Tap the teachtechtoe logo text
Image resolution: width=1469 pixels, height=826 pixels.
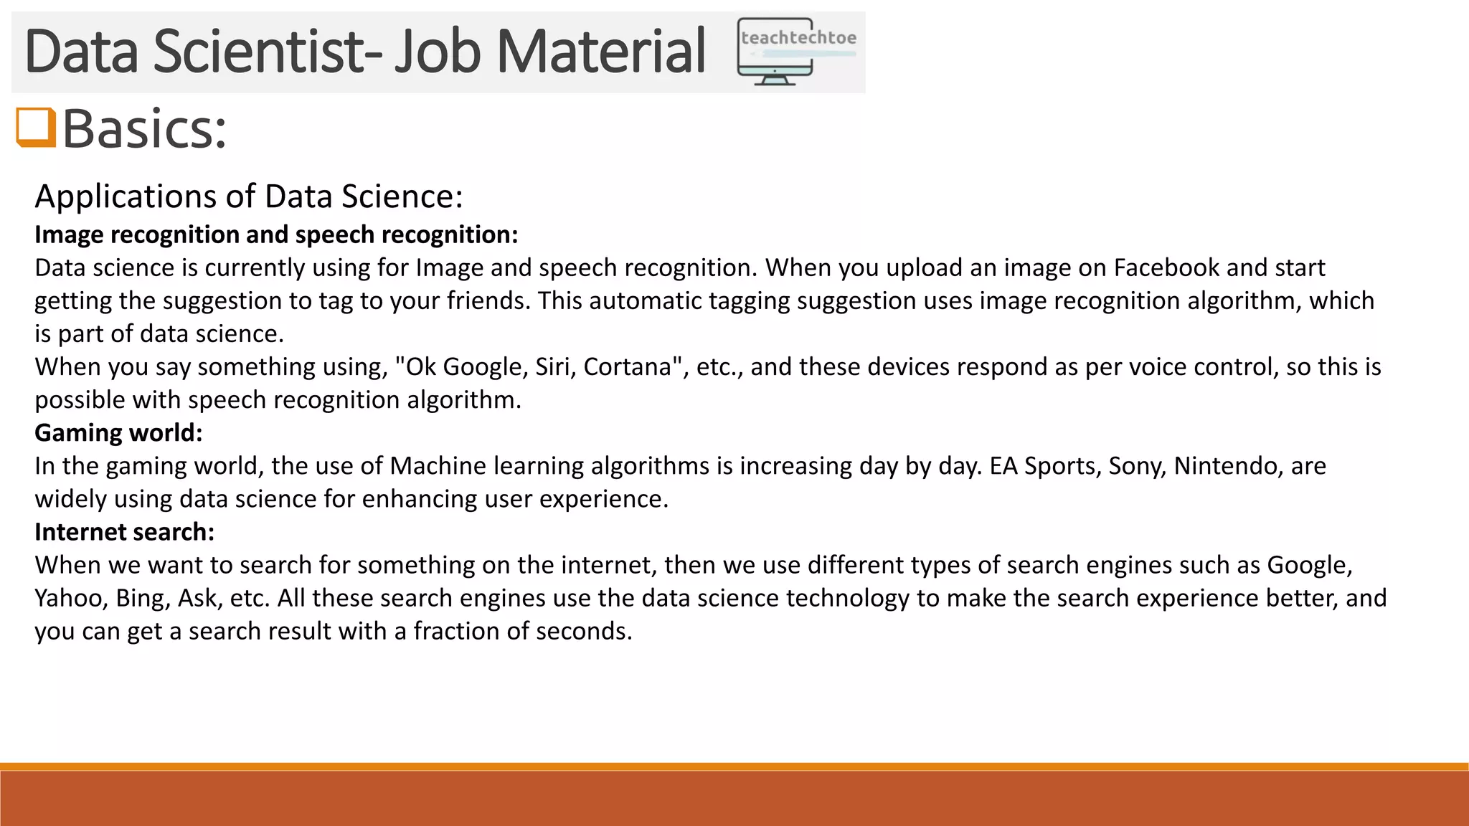pos(798,38)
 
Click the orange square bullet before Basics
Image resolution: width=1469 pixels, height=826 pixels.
pos(36,127)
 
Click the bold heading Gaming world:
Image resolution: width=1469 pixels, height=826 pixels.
pos(118,432)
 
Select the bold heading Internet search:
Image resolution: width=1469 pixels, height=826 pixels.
pos(124,531)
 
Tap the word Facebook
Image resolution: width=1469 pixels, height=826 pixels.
pos(1166,267)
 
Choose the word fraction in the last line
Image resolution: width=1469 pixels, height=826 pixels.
pos(457,630)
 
